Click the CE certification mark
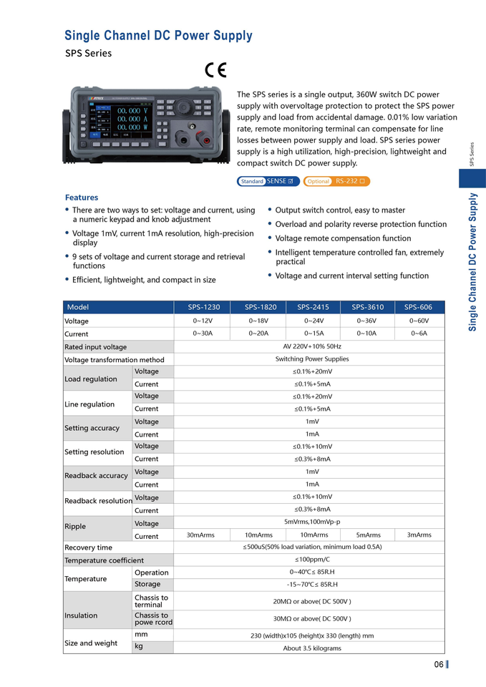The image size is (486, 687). [x=215, y=69]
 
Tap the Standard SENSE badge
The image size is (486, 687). [x=268, y=181]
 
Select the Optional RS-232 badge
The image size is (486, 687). [x=336, y=181]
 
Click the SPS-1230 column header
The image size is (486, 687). [x=204, y=307]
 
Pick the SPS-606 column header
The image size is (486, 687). [x=419, y=307]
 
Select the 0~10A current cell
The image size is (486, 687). [x=367, y=333]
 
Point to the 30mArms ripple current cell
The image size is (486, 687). [x=201, y=535]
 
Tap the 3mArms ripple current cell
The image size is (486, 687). [x=419, y=535]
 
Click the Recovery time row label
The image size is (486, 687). [x=89, y=547]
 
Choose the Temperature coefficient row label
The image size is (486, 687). [x=105, y=560]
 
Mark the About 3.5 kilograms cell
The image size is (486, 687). [x=312, y=648]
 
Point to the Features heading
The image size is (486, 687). [x=82, y=198]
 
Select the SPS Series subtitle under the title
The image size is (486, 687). [x=88, y=53]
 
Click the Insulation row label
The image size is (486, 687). [x=81, y=615]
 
